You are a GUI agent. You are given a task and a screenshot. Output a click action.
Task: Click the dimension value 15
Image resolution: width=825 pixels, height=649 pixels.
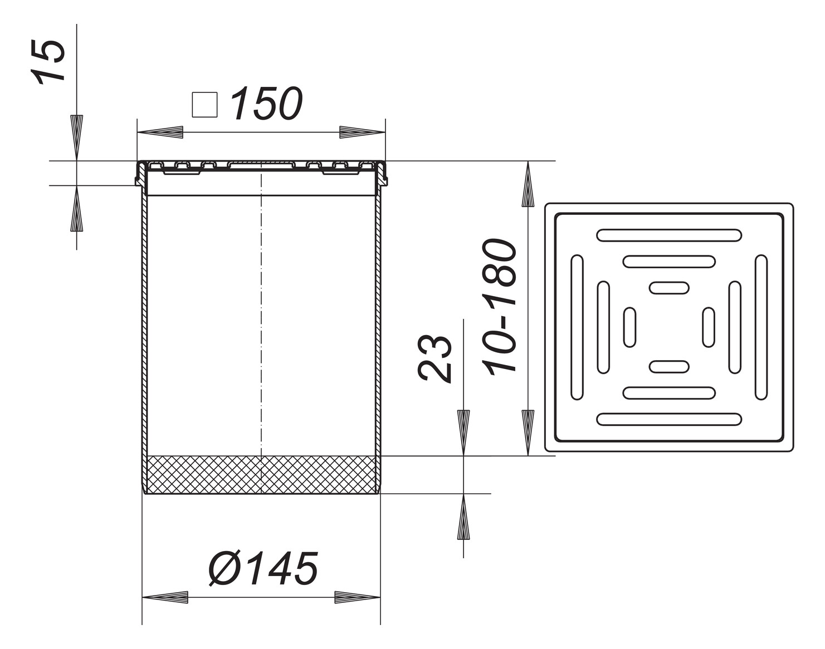coord(49,61)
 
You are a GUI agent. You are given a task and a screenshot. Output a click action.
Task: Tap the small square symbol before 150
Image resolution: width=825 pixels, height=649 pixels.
coord(204,105)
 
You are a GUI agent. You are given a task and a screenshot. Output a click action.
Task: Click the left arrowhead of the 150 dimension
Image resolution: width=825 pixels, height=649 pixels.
coord(160,132)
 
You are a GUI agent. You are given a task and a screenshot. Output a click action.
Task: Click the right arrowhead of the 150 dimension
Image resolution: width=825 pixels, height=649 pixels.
coord(363,132)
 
